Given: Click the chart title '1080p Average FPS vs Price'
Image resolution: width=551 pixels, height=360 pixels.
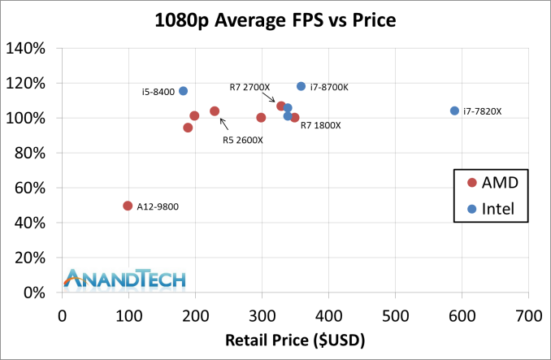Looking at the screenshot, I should pyautogui.click(x=275, y=20).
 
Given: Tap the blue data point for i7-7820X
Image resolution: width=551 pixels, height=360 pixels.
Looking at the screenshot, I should pyautogui.click(x=454, y=111).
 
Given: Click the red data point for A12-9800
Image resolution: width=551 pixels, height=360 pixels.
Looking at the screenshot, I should pyautogui.click(x=128, y=206).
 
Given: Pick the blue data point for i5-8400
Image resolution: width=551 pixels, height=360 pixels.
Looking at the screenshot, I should pyautogui.click(x=183, y=91).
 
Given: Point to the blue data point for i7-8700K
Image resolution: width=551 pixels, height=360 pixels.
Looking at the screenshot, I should pyautogui.click(x=301, y=86).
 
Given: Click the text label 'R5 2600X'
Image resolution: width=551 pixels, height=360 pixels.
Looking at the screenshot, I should pyautogui.click(x=242, y=140).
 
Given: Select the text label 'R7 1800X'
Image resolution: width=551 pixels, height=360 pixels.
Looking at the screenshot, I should pyautogui.click(x=321, y=125).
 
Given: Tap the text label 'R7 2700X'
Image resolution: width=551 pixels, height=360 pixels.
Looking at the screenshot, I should pyautogui.click(x=249, y=87).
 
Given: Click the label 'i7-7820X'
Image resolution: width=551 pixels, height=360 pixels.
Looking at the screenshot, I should pyautogui.click(x=483, y=111).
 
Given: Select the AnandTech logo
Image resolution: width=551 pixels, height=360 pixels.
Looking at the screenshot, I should pyautogui.click(x=126, y=279).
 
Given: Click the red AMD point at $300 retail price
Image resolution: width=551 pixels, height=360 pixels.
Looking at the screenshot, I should pyautogui.click(x=261, y=117).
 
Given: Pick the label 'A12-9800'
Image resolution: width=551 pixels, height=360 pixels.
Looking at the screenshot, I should pyautogui.click(x=158, y=206).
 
